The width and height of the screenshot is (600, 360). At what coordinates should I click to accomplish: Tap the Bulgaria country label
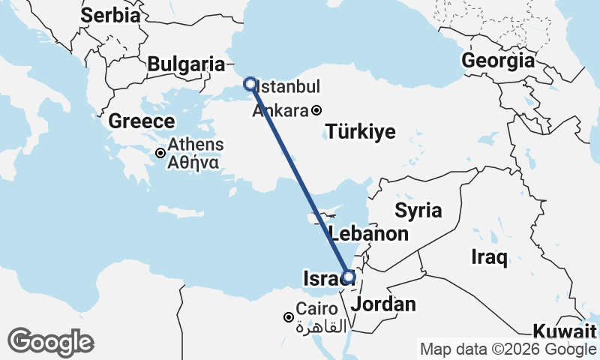[186, 64]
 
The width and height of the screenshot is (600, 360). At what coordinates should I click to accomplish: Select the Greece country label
[142, 121]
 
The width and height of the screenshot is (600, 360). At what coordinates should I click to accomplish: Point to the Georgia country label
[499, 61]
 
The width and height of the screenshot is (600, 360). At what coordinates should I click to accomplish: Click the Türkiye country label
[361, 133]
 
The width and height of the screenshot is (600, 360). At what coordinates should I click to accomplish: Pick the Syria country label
[418, 210]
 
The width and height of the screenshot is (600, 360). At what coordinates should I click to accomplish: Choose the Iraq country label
[490, 258]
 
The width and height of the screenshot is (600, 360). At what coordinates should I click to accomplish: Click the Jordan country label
[383, 304]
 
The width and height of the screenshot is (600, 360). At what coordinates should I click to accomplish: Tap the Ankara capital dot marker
[317, 110]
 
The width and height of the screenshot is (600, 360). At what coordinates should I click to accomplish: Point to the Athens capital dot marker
[160, 153]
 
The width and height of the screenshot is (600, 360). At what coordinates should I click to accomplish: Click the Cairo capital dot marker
[289, 317]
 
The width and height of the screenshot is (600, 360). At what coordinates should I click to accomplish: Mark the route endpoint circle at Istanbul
[250, 84]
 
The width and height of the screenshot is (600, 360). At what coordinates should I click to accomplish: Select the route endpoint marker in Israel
[348, 276]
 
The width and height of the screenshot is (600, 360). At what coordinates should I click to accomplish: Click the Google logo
[50, 342]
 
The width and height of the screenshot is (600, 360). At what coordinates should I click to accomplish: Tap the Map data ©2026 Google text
[508, 349]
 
